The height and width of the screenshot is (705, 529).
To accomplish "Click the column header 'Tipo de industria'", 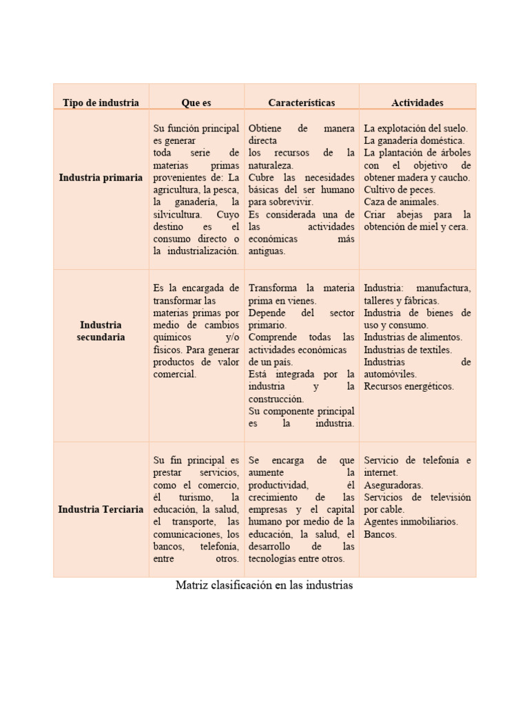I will tap(101, 103).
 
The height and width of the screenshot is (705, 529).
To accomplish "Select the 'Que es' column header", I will tap(196, 103).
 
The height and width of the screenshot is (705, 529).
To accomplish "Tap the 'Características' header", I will tap(302, 103).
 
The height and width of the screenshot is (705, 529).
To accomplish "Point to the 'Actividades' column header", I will tap(417, 103).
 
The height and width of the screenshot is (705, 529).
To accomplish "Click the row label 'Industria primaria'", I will tap(101, 177).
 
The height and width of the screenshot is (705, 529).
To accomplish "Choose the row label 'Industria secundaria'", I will tap(101, 330).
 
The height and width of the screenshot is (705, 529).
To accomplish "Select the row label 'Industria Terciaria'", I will tap(101, 509).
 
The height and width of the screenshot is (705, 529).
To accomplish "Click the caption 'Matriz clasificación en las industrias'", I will tap(264, 585).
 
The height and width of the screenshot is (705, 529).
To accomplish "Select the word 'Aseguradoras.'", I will tap(393, 485).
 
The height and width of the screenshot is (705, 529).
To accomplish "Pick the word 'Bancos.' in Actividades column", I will tap(380, 534).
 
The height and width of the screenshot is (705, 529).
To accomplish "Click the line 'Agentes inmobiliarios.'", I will tap(411, 522).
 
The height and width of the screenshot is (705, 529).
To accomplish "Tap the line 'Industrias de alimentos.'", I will tap(413, 337).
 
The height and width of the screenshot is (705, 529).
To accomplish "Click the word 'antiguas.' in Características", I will tap(267, 251).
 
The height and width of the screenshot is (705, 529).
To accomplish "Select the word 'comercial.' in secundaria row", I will tap(175, 374).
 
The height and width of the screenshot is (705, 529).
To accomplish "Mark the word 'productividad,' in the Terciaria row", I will tap(278, 485).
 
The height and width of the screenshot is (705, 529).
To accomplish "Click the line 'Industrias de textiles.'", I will tap(408, 349).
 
